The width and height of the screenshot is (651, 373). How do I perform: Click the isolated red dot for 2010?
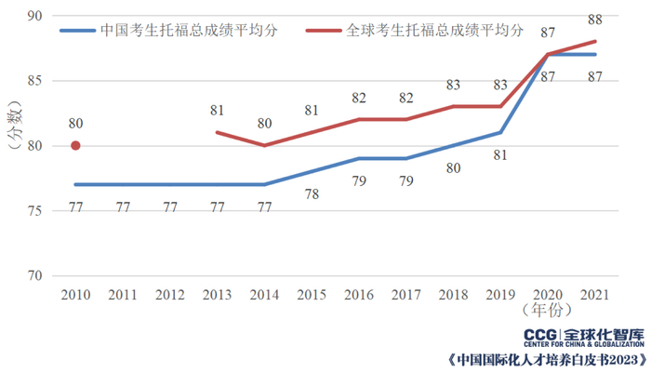tap(75, 145)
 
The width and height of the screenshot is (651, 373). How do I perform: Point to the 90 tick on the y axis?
tap(33, 16)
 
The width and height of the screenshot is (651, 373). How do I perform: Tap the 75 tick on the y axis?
tap(33, 211)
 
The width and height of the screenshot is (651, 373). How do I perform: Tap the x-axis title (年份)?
tap(547, 308)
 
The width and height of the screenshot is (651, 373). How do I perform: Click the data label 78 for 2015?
tap(312, 193)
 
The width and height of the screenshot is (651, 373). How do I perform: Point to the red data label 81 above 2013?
tap(217, 111)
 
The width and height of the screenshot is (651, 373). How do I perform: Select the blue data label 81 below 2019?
tap(500, 154)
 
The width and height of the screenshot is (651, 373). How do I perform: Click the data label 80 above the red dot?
tap(75, 123)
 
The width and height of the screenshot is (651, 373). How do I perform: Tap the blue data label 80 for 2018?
tap(453, 167)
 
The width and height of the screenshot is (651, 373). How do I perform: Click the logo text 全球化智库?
tap(604, 334)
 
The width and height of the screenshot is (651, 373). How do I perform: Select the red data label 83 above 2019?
tap(500, 85)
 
